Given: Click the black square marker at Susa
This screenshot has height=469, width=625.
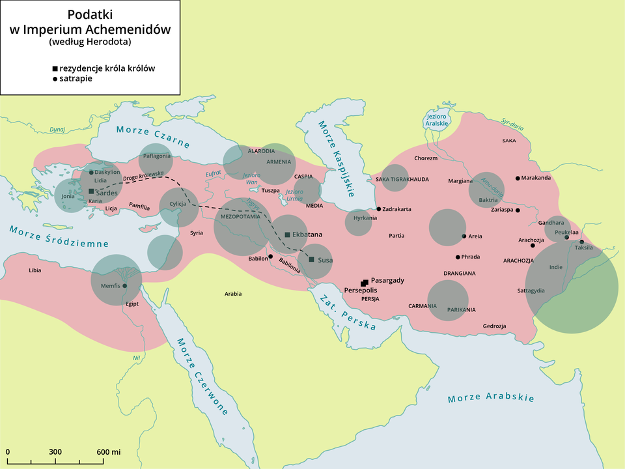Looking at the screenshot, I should click(x=311, y=260).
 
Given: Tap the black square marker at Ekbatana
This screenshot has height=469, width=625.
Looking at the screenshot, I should click(x=287, y=234).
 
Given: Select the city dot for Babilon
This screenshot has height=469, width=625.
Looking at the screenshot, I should click(x=270, y=256).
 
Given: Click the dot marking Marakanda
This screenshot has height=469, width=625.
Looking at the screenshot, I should click(x=518, y=178).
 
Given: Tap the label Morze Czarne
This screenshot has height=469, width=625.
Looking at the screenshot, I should click(x=153, y=136).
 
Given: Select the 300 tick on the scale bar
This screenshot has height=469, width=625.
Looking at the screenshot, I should click(x=55, y=452).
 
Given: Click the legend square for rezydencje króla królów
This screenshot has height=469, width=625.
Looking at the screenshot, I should click(x=55, y=68).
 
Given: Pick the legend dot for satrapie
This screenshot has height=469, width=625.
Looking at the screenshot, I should click(x=55, y=78).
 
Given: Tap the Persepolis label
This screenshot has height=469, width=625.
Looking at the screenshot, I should click(x=361, y=290).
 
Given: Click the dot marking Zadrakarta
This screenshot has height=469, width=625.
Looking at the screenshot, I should click(x=379, y=209).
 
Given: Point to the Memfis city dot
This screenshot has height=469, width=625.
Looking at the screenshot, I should click(x=125, y=285).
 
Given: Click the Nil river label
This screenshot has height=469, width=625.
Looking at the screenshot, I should click(x=136, y=358).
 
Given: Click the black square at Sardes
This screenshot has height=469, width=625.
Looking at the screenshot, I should click(x=90, y=192).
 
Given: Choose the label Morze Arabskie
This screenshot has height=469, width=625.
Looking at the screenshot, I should click(x=491, y=397).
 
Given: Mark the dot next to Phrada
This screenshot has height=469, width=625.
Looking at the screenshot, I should click(x=458, y=257).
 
